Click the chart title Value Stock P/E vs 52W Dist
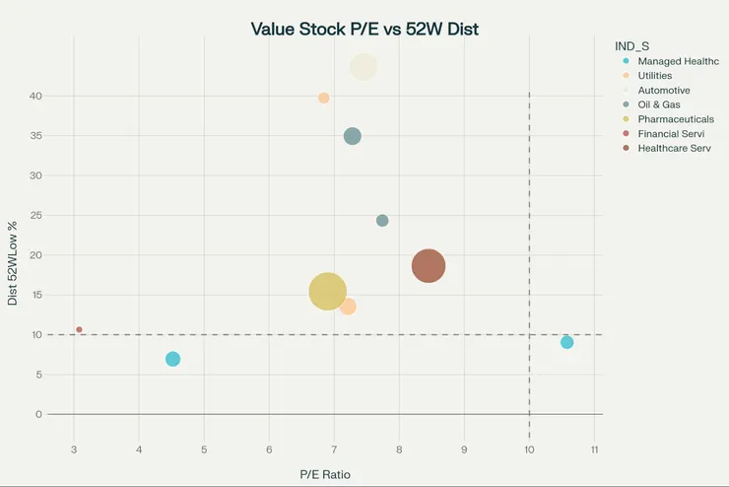364,29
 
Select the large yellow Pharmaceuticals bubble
328,291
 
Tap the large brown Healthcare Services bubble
429,265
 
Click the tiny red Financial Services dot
79,329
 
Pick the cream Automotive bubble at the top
364,66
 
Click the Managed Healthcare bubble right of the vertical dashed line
566,342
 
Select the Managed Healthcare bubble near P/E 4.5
172,359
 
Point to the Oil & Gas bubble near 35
352,136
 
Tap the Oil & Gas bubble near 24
382,221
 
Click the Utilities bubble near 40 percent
323,98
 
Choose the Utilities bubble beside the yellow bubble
348,307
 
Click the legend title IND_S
631,45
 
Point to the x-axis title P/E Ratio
324,474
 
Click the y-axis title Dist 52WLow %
13,263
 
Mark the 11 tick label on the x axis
594,451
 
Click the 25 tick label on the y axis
36,215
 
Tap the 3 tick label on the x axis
74,451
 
